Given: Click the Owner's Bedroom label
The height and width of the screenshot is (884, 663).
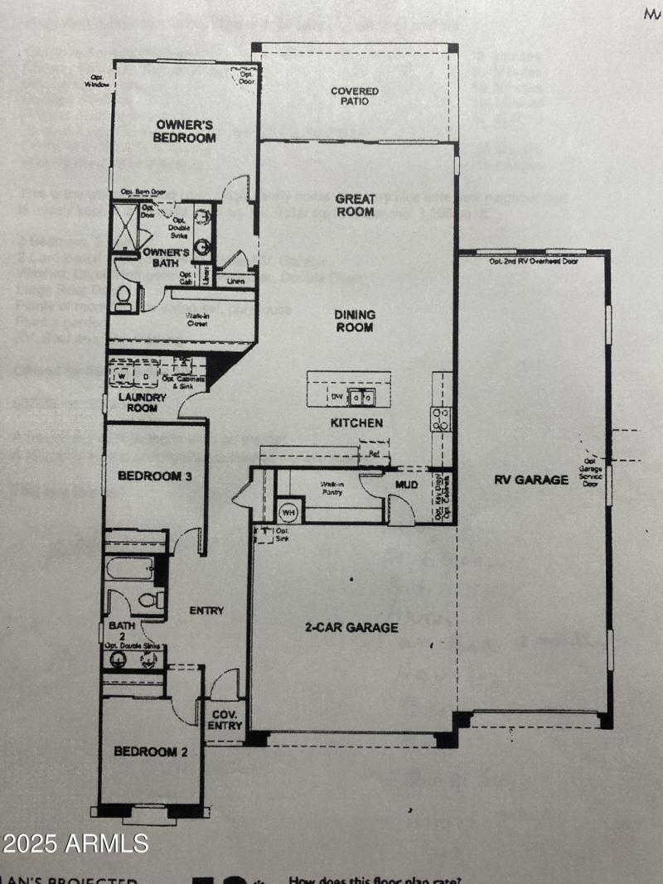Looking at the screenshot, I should (186, 131).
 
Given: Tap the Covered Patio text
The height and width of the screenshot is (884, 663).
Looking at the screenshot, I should (355, 96).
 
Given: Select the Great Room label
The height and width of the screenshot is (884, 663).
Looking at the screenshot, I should (355, 205).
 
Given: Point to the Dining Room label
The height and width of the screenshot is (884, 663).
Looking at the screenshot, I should (355, 321).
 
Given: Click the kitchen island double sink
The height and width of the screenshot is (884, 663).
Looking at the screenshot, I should (361, 398).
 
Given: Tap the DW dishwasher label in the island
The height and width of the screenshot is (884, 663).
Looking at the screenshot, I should (337, 398).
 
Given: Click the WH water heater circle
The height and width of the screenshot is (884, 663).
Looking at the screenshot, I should (288, 510).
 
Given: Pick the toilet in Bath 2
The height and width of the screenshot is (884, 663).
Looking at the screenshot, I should (150, 599).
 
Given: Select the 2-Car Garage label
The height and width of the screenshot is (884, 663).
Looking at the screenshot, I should (351, 627).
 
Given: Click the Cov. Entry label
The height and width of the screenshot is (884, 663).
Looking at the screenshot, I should (225, 720).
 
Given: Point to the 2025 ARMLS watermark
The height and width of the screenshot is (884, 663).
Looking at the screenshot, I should (75, 843).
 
